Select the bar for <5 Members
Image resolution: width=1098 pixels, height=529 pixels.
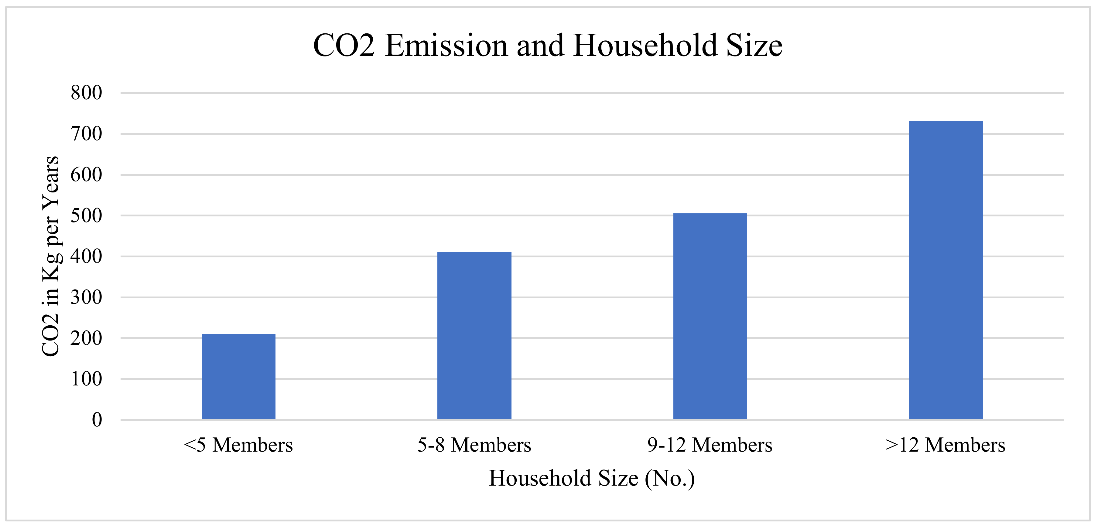[x=238, y=377]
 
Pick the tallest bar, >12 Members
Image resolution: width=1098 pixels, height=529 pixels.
[x=946, y=270]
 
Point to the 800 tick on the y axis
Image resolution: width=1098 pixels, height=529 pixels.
[x=87, y=93]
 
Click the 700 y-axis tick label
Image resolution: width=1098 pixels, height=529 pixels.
[x=87, y=134]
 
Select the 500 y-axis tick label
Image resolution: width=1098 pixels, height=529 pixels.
[x=87, y=215]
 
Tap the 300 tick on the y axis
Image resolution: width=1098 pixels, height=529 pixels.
[x=87, y=297]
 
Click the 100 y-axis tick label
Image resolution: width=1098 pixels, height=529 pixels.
[x=87, y=379]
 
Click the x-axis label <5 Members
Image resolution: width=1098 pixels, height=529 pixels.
[x=238, y=445]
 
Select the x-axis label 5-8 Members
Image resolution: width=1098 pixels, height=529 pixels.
[x=474, y=445]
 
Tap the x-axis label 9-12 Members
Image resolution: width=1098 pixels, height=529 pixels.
[x=710, y=445]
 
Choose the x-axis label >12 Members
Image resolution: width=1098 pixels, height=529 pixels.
[x=946, y=445]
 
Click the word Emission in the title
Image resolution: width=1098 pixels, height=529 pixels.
[x=446, y=46]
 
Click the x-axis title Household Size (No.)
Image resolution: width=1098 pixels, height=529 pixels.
[x=592, y=478]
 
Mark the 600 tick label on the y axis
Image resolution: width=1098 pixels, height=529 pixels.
[x=87, y=175]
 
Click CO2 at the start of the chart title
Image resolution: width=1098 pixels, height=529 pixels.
[x=344, y=46]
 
